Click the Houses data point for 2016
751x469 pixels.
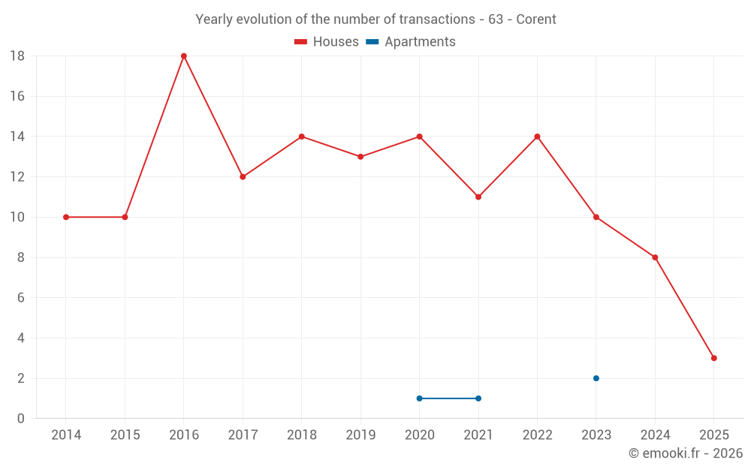point(184,56)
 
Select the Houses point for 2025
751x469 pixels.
point(713,358)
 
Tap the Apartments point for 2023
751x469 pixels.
point(596,378)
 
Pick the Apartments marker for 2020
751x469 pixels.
point(419,398)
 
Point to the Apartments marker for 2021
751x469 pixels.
point(478,398)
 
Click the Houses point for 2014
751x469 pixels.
point(66,217)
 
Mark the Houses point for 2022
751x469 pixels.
point(537,137)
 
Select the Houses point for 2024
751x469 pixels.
point(655,257)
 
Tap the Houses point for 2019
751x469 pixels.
point(360,157)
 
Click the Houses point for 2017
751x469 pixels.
point(243,177)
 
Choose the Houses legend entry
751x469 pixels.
point(327,42)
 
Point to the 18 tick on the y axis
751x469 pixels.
point(17,56)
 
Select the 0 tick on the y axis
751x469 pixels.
point(21,419)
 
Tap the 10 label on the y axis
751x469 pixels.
point(17,217)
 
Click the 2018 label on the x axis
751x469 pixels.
point(301,435)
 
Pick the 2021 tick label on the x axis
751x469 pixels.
point(478,435)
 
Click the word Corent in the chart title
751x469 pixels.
point(535,20)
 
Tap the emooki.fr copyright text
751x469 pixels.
point(686,453)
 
